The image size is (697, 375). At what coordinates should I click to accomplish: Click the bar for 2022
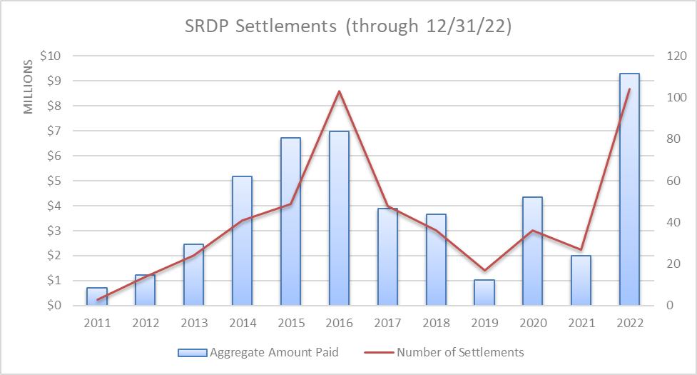pos(629,189)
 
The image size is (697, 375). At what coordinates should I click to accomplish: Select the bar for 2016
pos(339,218)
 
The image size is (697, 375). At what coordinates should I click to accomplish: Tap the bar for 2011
pos(97,296)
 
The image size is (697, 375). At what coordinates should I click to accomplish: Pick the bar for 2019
pos(484,292)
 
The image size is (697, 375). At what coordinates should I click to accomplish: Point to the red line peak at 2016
pos(339,91)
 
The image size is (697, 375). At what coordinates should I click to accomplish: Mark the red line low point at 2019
pos(484,270)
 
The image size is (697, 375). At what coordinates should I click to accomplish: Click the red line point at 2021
pos(581,249)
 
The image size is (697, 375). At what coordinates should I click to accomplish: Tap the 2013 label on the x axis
pos(193,323)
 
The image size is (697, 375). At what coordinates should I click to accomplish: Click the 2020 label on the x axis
pos(532,323)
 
